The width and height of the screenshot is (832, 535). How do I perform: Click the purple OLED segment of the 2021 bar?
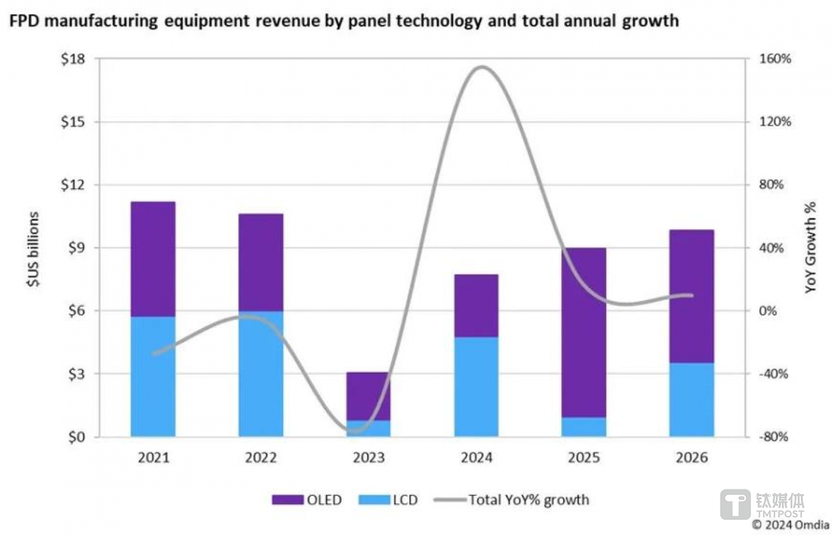click(x=153, y=259)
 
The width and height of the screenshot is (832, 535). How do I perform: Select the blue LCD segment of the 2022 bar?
click(x=261, y=373)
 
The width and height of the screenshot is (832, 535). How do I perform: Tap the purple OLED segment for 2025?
click(x=583, y=332)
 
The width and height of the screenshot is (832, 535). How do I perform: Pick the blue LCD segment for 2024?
click(x=476, y=387)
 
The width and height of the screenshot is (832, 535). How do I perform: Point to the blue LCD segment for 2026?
click(x=692, y=399)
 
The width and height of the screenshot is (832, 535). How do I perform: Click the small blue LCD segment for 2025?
click(x=583, y=426)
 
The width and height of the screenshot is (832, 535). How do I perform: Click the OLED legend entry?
click(x=307, y=500)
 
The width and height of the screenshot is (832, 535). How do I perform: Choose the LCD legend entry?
click(x=388, y=500)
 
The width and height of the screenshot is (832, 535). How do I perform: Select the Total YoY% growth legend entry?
click(x=512, y=500)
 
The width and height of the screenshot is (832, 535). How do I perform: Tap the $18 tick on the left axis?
click(x=73, y=59)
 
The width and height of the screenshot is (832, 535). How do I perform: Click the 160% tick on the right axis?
click(x=775, y=59)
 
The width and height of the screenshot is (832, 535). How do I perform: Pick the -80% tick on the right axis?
click(x=773, y=437)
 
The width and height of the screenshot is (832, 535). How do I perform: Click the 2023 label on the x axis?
click(x=369, y=458)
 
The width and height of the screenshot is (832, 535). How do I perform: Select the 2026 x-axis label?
click(x=692, y=458)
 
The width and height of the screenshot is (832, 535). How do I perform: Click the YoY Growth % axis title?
click(x=811, y=247)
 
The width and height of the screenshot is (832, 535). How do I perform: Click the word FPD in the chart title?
click(x=24, y=21)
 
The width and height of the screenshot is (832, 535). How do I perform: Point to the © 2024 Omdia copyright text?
click(x=790, y=525)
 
